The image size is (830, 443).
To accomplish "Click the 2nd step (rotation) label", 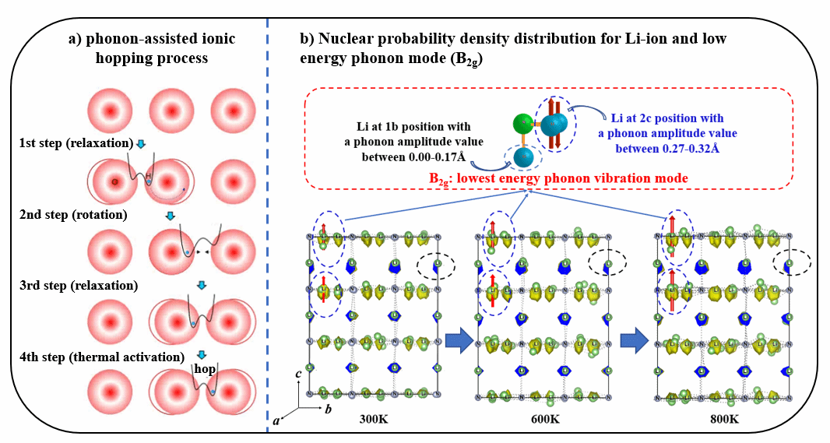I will pos(74,214).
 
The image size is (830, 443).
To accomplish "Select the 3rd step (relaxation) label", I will pos(79,286).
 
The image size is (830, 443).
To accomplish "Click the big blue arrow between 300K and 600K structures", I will pos(459,339).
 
